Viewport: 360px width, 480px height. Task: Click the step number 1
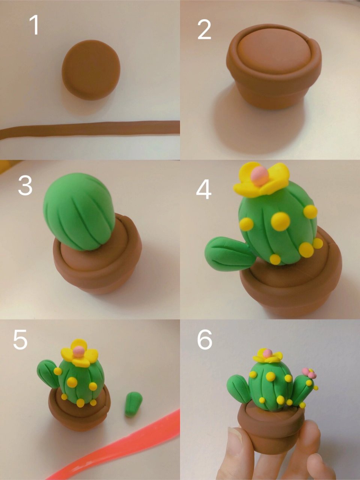click(35, 25)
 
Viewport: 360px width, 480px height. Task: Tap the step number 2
click(204, 30)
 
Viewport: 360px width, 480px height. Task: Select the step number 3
click(25, 186)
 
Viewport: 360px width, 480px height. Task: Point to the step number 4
click(204, 190)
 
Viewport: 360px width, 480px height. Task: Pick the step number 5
click(20, 340)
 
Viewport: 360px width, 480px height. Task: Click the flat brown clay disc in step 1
click(91, 70)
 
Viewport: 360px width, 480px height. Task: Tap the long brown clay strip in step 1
click(90, 130)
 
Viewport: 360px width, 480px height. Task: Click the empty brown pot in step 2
click(274, 67)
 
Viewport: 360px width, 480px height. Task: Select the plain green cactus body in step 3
click(79, 211)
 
